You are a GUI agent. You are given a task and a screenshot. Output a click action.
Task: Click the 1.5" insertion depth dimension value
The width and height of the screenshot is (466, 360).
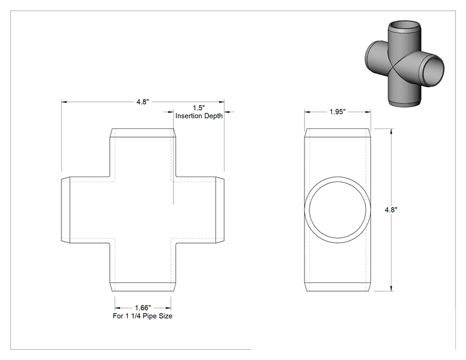[199, 108]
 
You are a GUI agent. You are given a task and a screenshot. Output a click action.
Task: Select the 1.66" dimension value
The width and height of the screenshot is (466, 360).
[143, 308]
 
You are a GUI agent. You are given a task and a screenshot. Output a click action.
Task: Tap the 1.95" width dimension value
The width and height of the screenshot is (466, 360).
[338, 111]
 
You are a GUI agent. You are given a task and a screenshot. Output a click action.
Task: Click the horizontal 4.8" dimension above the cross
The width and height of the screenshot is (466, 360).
[143, 102]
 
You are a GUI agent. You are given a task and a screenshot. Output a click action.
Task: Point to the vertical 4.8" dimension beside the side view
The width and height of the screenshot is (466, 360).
[391, 210]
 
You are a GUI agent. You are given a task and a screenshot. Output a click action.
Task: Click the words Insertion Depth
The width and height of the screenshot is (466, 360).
[199, 116]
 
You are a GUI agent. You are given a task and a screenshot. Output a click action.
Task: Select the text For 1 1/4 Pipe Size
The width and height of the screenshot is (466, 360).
[143, 316]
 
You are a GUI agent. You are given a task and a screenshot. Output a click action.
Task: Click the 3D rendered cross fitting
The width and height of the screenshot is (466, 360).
[404, 63]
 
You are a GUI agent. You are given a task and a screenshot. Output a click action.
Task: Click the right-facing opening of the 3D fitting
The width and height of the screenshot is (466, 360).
[433, 71]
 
